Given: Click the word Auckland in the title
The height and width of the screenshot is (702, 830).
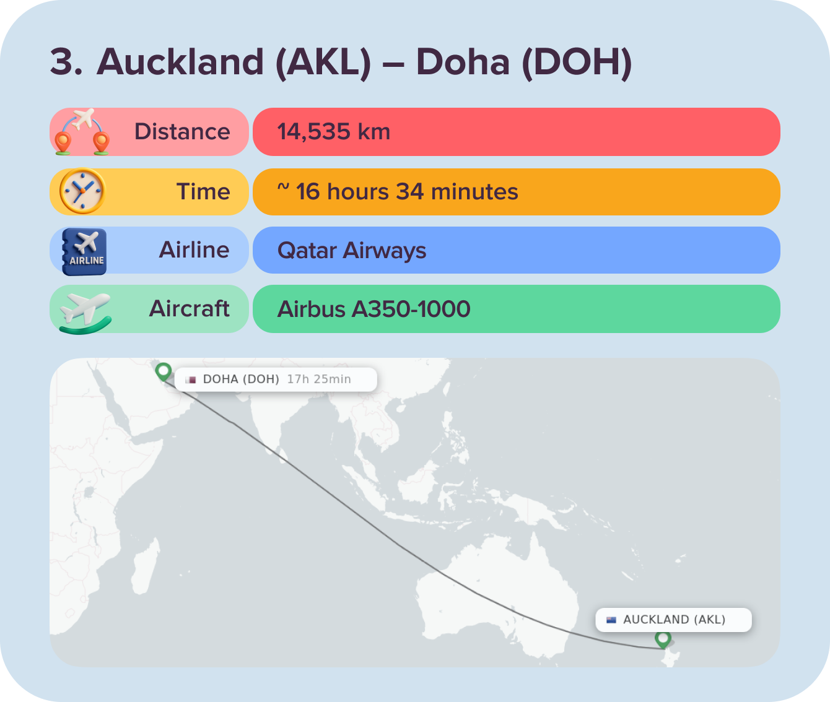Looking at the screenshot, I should coord(180,62).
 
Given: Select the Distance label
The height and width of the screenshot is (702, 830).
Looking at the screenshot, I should coord(182,132).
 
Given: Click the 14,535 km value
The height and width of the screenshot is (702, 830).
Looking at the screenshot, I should coord(334,132).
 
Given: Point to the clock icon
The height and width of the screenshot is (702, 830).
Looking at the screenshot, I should coord(82,191).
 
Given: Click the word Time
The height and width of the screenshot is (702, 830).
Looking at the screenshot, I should coord(203,192).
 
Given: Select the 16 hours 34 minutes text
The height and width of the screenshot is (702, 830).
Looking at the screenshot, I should coord(406,192).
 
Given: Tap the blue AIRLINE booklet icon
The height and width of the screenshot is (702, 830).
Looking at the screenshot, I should coord(85,251).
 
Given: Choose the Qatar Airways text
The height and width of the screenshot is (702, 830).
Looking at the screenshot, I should coord(352,251).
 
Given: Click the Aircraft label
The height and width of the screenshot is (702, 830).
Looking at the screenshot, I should coord(190,309).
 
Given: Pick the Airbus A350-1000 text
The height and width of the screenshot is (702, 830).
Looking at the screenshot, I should coord(374,309).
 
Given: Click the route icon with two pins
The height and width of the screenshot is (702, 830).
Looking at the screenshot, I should coord(82,132).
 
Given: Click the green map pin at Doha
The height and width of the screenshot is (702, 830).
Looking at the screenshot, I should coord(164,371).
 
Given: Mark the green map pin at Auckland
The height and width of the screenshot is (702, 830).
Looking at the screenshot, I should coord(663,639).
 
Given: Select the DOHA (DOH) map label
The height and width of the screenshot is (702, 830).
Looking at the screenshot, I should coord(241,379).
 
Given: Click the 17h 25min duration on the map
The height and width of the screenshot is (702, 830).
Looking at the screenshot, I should coord(319,379).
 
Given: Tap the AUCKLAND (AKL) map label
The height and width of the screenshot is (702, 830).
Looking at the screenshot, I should coord(674,620).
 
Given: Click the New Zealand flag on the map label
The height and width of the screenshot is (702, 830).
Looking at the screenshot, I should coord(611,620).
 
